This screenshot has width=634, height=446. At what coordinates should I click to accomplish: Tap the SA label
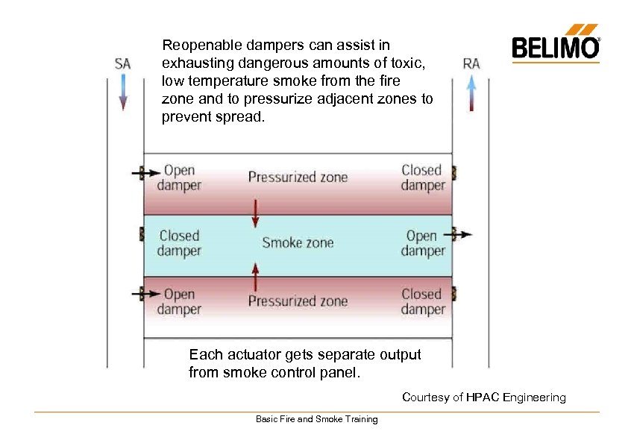pyautogui.click(x=123, y=63)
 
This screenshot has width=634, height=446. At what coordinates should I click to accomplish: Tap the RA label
pyautogui.click(x=471, y=63)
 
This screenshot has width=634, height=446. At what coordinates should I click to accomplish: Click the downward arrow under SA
pyautogui.click(x=123, y=92)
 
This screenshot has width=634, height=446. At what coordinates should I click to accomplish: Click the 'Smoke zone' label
pyautogui.click(x=298, y=242)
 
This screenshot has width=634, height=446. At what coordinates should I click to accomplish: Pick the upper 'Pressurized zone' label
pyautogui.click(x=298, y=178)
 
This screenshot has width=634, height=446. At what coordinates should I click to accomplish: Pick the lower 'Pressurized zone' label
pyautogui.click(x=298, y=301)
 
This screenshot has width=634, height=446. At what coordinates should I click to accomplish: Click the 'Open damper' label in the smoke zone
pyautogui.click(x=422, y=243)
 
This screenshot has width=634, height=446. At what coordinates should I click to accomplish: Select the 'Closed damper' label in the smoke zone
pyautogui.click(x=179, y=243)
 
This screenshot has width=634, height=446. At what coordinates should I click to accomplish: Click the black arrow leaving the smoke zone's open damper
pyautogui.click(x=462, y=234)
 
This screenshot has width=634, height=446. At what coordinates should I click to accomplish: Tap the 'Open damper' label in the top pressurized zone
pyautogui.click(x=179, y=178)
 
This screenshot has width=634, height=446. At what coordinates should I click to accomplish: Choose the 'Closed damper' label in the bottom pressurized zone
pyautogui.click(x=422, y=301)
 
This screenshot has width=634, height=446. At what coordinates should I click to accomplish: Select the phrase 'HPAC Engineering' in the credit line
pyautogui.click(x=516, y=398)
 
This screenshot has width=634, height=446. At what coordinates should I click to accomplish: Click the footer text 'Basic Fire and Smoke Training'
pyautogui.click(x=316, y=419)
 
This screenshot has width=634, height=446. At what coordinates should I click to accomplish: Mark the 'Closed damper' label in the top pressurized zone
pyautogui.click(x=422, y=178)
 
